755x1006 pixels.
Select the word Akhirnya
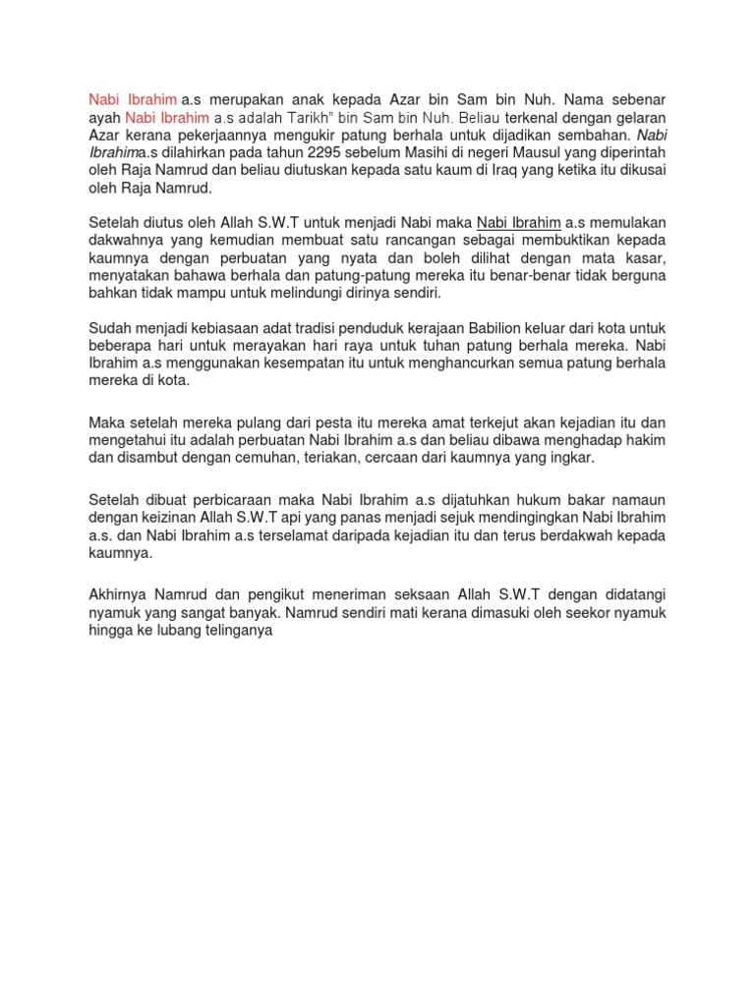click(x=118, y=595)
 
